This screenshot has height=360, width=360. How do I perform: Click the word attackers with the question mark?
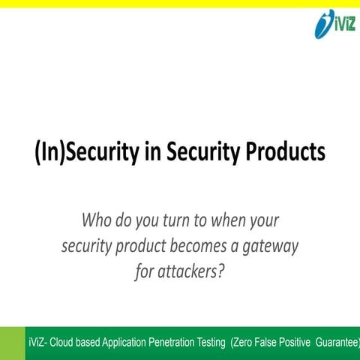coord(190,271)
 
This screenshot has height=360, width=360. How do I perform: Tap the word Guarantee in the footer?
coord(351,343)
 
